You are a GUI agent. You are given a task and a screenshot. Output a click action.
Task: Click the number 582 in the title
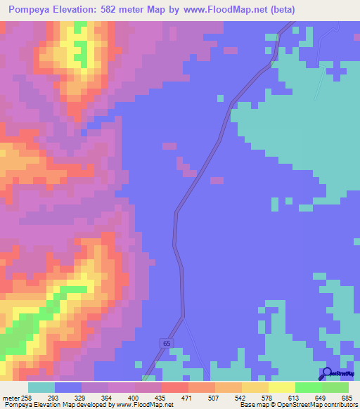pos(125,9)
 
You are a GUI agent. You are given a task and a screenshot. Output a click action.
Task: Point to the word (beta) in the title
pos(279,9)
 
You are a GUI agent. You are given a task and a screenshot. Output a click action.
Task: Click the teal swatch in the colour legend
pos(41,387)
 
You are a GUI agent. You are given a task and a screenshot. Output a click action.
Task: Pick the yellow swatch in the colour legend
pos(282,387)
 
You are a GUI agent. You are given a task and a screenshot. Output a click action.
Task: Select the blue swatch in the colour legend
pos(68,387)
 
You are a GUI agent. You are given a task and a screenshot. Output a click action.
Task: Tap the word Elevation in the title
pos(82,9)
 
